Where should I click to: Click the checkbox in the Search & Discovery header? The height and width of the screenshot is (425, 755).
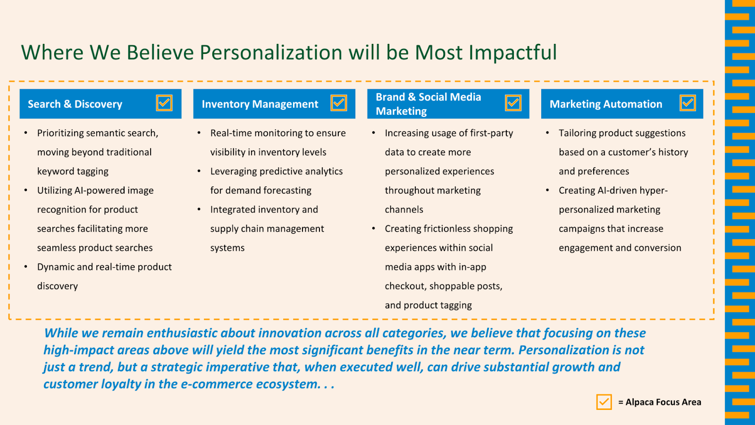pos(164,103)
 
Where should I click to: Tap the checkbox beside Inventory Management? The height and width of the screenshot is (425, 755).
pos(339,103)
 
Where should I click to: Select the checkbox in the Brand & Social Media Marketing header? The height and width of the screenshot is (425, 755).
pos(513,103)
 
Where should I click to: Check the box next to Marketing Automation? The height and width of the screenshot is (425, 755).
pos(688,103)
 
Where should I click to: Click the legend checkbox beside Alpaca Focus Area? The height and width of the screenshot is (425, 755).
pos(604,402)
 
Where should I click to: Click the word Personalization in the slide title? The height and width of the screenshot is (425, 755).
pos(271,52)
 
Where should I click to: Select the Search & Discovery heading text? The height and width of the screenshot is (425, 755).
pos(75,104)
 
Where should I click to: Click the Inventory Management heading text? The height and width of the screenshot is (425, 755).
pos(260,104)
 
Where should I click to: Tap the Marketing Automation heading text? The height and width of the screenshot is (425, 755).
pos(606,104)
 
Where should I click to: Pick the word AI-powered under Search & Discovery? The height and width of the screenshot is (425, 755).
pos(95,191)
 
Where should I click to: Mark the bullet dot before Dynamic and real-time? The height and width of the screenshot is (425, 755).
pos(25,267)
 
